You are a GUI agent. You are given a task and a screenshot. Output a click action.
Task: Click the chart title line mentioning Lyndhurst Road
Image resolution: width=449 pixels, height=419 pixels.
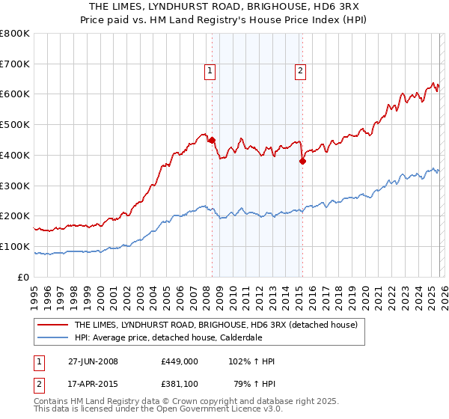(224, 7)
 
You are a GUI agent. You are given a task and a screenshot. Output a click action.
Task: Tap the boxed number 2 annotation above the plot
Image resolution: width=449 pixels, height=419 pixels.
(300, 71)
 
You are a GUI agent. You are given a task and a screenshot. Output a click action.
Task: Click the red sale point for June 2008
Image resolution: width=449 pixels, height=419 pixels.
(212, 139)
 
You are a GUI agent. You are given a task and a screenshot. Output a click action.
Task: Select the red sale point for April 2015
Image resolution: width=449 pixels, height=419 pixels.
(303, 160)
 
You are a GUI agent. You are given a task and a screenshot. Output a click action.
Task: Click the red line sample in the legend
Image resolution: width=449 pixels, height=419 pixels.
(53, 325)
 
